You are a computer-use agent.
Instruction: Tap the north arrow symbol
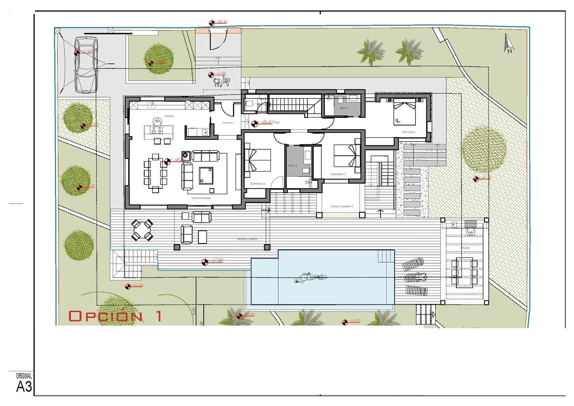(x=508, y=44)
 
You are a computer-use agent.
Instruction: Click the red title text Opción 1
(x=115, y=316)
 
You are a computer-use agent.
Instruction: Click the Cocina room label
(x=169, y=116)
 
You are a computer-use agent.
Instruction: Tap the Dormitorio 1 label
(x=409, y=132)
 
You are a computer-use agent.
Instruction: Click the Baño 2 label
(x=292, y=166)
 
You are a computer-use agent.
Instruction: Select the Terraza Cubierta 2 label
(x=342, y=207)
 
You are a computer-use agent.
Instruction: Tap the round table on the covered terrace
(x=142, y=230)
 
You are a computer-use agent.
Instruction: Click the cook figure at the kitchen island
(x=157, y=122)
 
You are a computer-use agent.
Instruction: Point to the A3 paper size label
(x=24, y=387)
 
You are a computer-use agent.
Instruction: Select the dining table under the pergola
(x=464, y=272)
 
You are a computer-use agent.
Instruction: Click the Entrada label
(x=228, y=123)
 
